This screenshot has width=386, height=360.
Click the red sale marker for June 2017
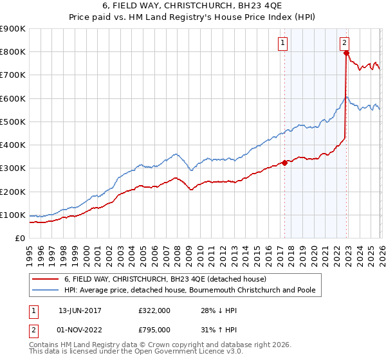point(284,163)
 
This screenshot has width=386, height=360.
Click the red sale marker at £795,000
point(346,53)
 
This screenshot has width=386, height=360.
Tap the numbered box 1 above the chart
point(283,43)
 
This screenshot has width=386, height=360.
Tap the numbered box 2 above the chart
point(345,43)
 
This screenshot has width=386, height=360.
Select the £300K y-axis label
point(14,168)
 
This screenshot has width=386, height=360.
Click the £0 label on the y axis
point(19,239)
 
